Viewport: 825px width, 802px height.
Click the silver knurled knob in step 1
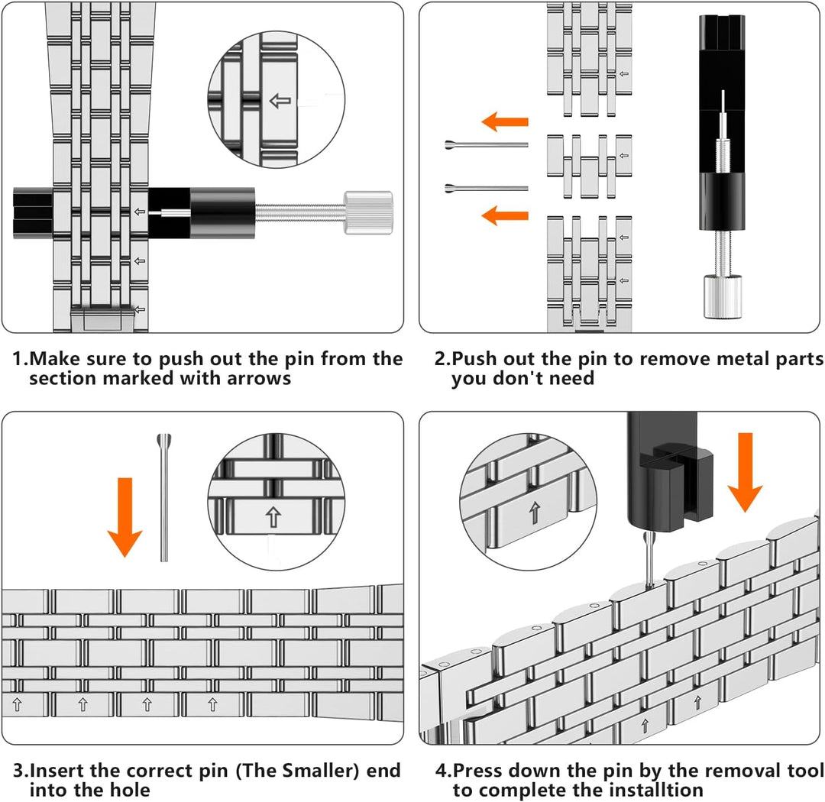[x=368, y=212]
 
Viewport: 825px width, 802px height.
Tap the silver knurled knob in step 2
[x=723, y=296]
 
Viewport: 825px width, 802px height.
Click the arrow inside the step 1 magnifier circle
[x=280, y=101]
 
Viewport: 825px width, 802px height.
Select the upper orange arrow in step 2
[x=505, y=121]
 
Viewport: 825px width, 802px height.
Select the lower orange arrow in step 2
[x=505, y=215]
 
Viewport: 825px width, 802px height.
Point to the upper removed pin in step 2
[x=486, y=144]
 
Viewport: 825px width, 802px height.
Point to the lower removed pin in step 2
[x=486, y=188]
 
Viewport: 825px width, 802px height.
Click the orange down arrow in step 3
[x=125, y=517]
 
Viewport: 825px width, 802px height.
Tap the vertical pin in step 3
[x=164, y=498]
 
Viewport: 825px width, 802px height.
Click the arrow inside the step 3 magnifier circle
[x=273, y=517]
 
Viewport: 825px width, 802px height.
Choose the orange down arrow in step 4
[x=745, y=473]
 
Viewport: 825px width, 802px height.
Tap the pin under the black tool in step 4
[x=650, y=559]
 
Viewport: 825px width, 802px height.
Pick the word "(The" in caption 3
[x=257, y=771]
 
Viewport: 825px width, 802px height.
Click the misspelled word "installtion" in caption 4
[x=637, y=791]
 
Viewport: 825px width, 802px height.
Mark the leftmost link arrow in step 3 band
[x=17, y=705]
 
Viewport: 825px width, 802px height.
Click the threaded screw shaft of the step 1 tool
[x=299, y=212]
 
